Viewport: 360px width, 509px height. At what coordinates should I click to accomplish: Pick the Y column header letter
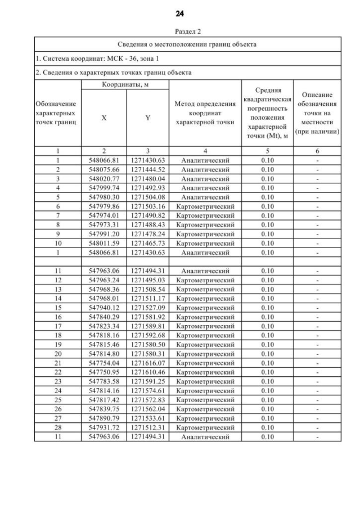coord(147,119)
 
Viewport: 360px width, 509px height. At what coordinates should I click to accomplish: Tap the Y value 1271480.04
coord(147,178)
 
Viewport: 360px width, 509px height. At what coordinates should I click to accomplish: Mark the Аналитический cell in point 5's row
coord(205,197)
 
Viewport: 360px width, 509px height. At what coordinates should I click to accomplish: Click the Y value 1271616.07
coord(147,363)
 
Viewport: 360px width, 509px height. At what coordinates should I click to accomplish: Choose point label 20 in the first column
coord(57,354)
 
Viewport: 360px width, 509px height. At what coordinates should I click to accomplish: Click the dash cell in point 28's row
coord(318,427)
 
